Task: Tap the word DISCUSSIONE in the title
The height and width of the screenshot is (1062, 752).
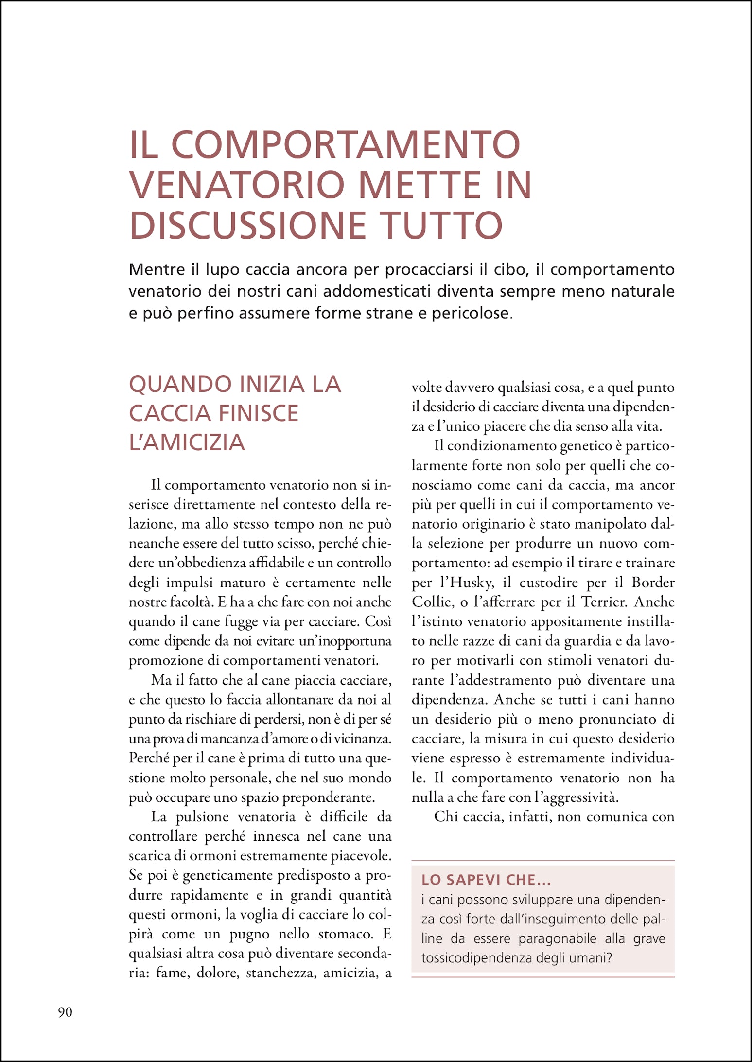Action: click(x=247, y=226)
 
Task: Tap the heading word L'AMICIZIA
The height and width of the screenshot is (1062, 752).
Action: click(x=187, y=442)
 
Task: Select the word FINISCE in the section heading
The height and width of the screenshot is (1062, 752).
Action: click(x=258, y=413)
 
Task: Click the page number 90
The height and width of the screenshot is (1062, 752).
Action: click(x=65, y=1012)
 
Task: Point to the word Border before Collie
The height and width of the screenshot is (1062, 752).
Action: click(x=653, y=583)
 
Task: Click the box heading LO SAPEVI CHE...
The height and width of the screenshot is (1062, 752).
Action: click(x=486, y=880)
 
